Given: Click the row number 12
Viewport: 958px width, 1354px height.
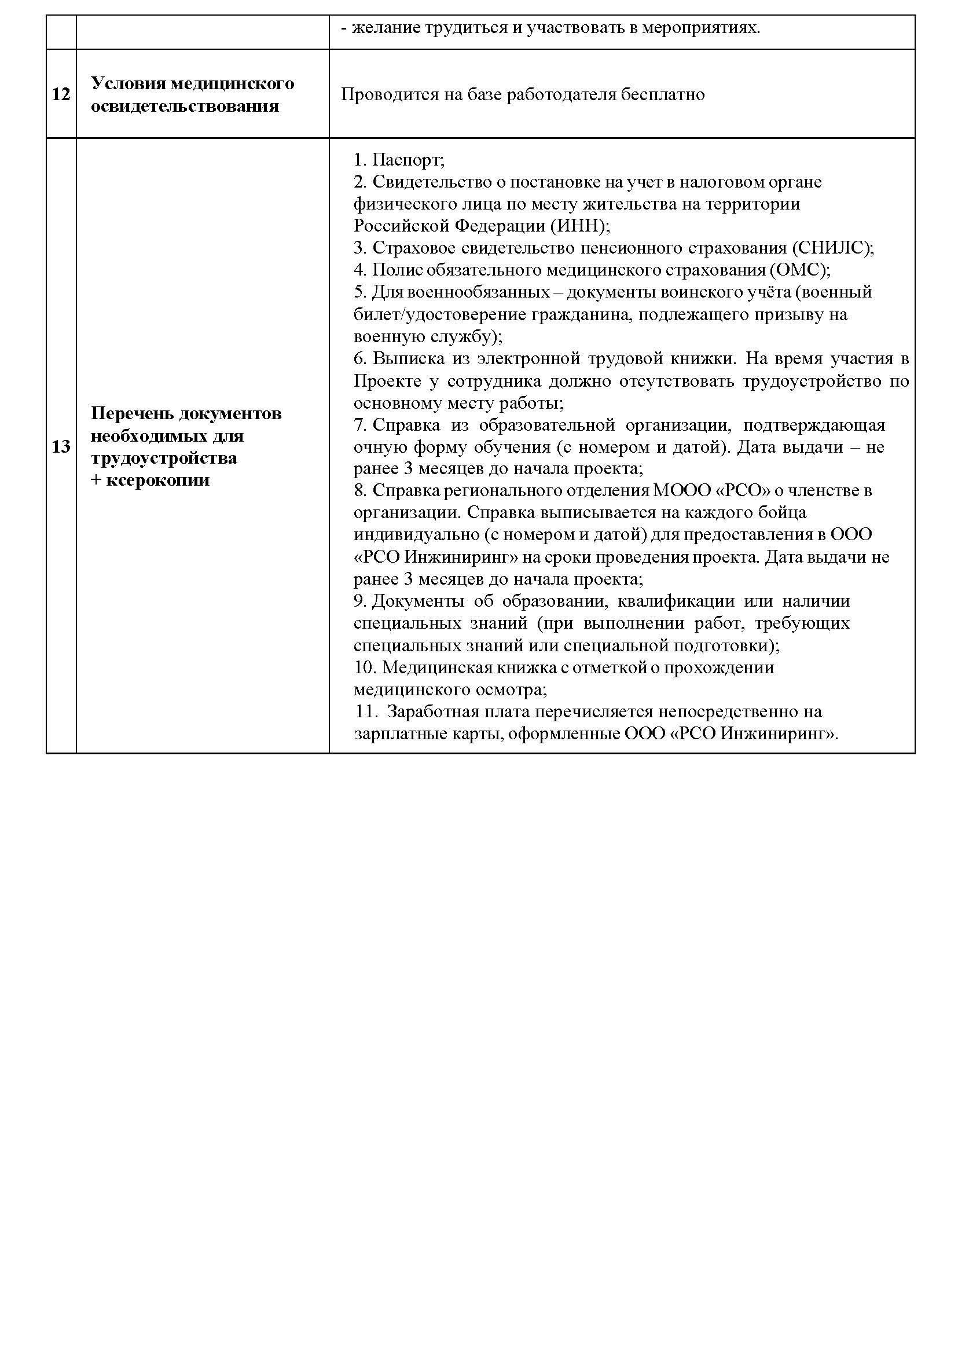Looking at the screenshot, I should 61,94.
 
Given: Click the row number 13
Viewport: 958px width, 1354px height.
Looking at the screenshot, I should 61,447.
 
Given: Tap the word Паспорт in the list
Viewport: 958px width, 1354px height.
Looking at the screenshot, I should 407,160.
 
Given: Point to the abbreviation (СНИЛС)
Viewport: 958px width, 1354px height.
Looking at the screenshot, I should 832,248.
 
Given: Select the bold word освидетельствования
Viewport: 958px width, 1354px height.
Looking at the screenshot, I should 185,106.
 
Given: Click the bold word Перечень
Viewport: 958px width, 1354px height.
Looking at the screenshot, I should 131,413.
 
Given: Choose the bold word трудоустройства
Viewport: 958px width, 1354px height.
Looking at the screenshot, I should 164,458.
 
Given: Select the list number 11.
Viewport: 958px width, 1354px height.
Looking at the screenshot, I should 366,712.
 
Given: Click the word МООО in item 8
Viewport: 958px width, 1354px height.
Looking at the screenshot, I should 682,491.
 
